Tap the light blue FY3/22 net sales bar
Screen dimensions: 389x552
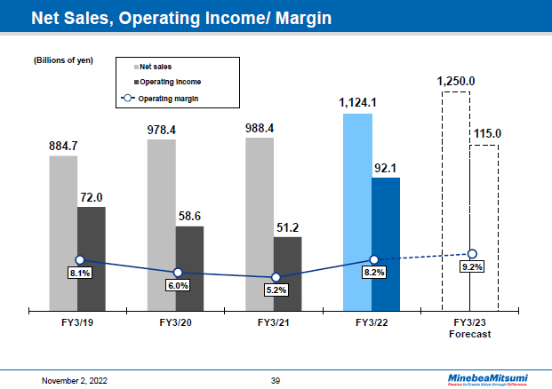tap(356, 212)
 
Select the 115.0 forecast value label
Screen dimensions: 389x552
tap(487, 134)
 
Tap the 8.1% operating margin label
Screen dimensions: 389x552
tap(81, 274)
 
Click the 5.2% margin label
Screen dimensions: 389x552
tap(276, 290)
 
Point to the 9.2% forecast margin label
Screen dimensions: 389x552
tap(472, 266)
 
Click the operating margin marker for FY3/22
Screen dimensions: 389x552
tap(374, 259)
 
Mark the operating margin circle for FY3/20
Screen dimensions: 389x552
tap(178, 273)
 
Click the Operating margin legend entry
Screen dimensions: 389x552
tap(160, 97)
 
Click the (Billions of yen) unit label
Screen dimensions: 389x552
tap(63, 61)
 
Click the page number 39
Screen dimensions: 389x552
tap(276, 380)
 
